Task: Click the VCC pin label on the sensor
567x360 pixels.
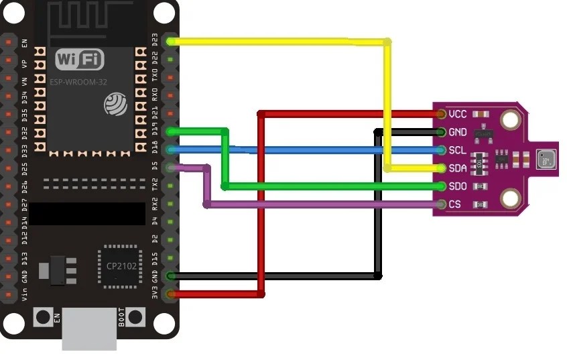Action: tap(458, 114)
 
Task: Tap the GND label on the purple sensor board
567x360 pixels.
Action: tap(458, 132)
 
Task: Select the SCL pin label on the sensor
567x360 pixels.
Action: tap(458, 150)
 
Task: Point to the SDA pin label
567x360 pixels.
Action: tap(458, 168)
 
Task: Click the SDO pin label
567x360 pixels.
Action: tap(458, 186)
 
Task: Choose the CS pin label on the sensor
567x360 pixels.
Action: tap(456, 204)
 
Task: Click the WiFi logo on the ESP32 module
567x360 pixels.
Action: tap(80, 60)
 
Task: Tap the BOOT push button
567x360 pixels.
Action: tap(136, 317)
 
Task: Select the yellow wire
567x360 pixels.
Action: tap(281, 42)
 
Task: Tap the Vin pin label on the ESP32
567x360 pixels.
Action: tap(25, 294)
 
